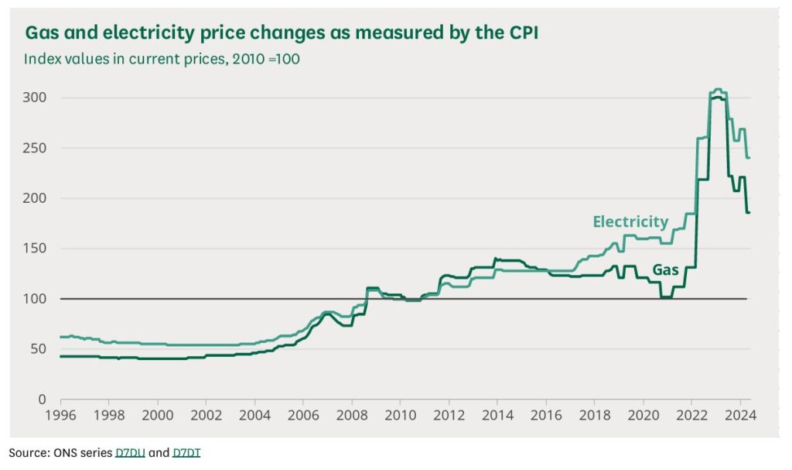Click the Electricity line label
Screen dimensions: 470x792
click(630, 222)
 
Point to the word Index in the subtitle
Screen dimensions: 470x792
click(40, 59)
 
